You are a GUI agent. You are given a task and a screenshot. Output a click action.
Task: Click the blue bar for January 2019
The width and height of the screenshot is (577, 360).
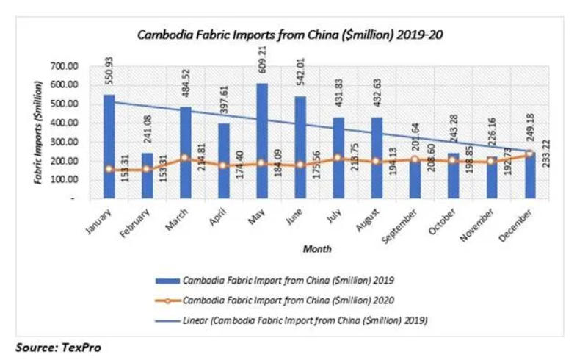click(109, 147)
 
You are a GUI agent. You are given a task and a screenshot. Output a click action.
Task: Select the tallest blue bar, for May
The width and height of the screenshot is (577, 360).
click(262, 140)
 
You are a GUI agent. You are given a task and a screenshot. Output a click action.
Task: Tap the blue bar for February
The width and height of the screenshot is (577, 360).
click(148, 176)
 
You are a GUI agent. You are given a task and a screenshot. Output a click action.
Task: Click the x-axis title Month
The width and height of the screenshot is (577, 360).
click(317, 248)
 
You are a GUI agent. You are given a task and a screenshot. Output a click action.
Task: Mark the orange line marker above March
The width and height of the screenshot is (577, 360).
click(186, 158)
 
